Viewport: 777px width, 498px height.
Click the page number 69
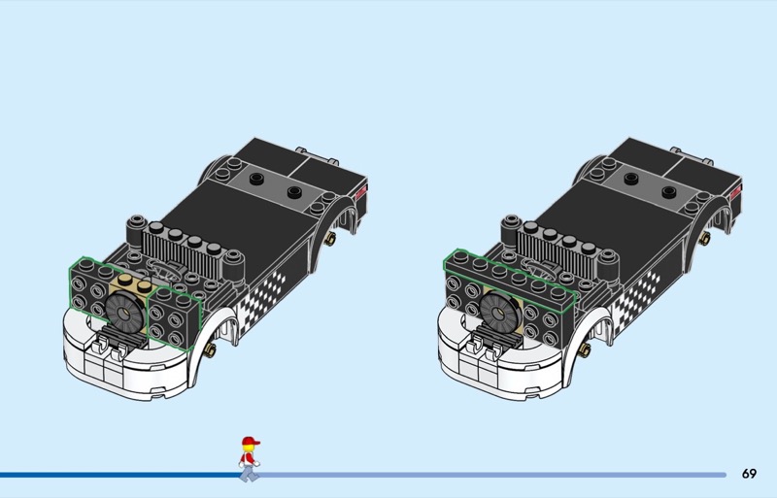[749, 474]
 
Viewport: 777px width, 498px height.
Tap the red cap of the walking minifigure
[251, 441]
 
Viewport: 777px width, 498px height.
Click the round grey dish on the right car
[499, 311]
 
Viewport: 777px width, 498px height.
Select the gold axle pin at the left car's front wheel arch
[210, 349]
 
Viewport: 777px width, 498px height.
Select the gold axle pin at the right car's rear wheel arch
[704, 239]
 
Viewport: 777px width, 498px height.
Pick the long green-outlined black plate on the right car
[511, 281]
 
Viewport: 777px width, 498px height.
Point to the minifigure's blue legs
[250, 474]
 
